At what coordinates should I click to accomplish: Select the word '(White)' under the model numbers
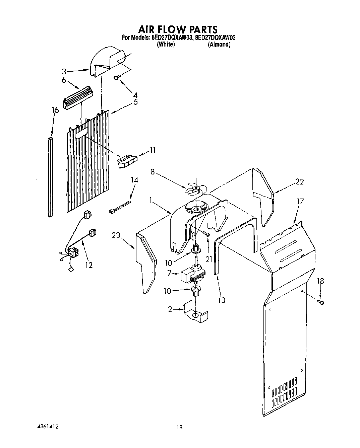coord(166,45)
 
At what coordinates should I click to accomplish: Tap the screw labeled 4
coord(117,78)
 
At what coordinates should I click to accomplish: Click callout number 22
coord(299,182)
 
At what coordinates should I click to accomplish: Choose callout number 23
coord(116,236)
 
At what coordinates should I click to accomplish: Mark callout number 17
coord(300,201)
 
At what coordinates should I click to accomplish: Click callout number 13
coord(222,300)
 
